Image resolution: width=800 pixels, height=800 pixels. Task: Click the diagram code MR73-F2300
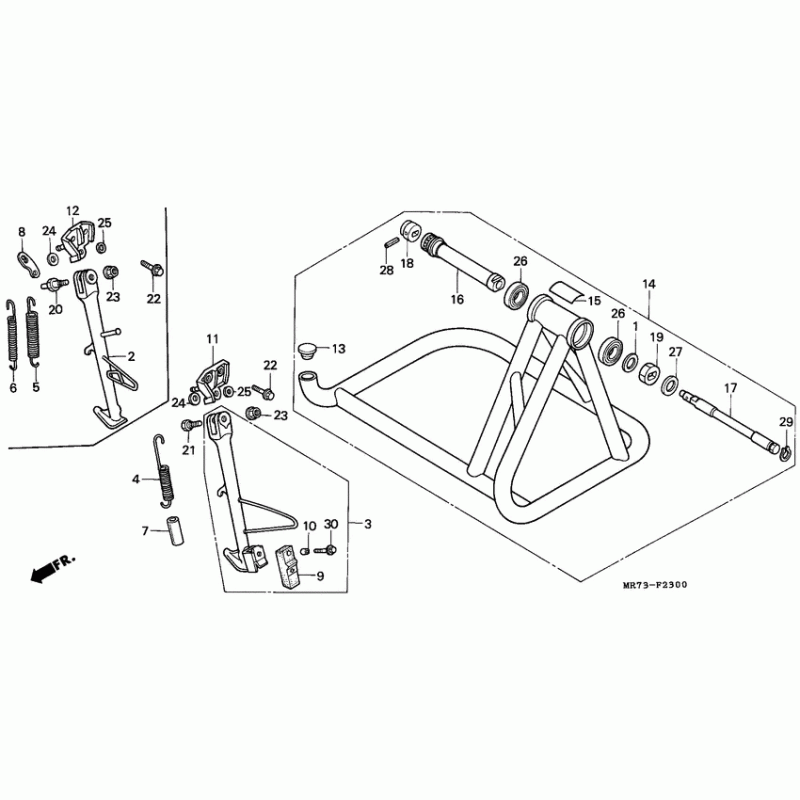coord(655,585)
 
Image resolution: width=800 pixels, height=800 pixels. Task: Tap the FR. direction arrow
coord(53,567)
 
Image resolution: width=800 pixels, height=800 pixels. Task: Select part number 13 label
coord(339,349)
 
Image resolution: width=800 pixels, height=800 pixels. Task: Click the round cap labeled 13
coord(307,351)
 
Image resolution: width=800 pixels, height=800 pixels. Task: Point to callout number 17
coord(731,388)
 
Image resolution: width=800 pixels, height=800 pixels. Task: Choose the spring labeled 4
coord(166,471)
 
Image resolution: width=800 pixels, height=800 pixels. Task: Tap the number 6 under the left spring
coord(13,388)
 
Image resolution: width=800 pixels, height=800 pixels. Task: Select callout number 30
coord(331,524)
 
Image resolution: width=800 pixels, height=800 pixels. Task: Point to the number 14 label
coord(648,284)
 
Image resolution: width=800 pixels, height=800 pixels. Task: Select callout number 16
coord(457,299)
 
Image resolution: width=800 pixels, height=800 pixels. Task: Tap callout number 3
coord(368,524)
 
